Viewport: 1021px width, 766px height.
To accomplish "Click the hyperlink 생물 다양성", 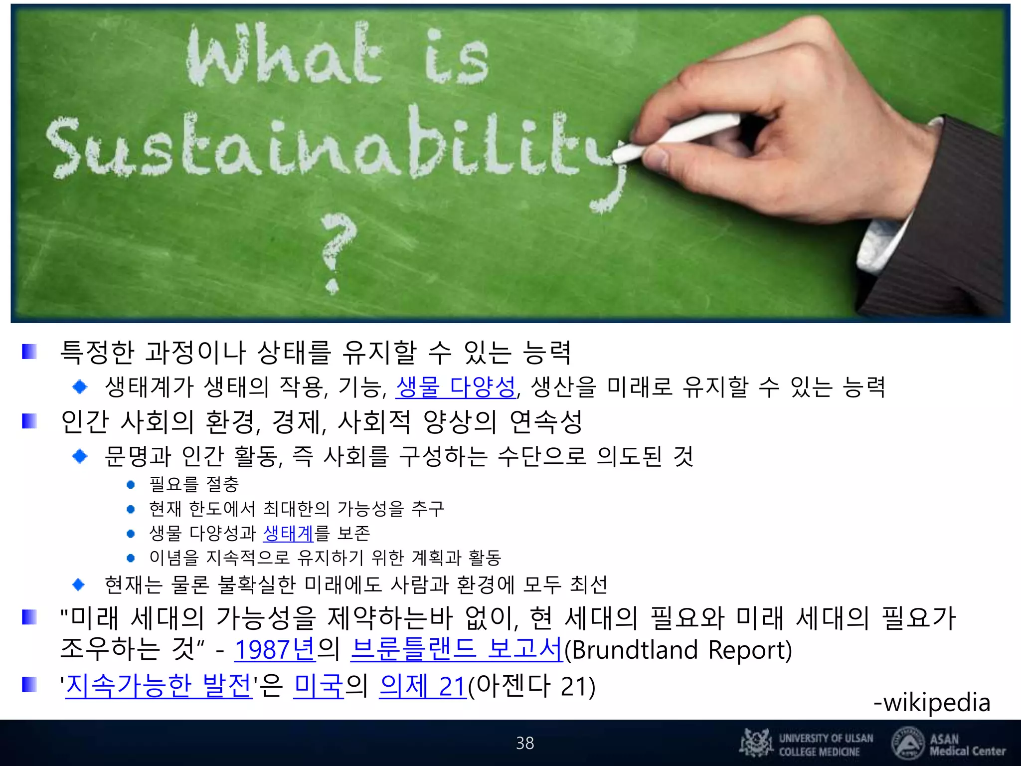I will [455, 387].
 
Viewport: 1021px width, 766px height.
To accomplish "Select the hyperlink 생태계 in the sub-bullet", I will [288, 533].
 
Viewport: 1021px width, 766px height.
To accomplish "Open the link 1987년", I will [275, 650].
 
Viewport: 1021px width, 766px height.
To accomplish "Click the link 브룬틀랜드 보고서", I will [456, 650].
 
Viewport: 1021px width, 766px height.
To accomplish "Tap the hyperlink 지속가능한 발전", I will [159, 686].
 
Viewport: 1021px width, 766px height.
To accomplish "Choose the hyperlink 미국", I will [319, 686].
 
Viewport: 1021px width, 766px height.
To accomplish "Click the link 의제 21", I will [422, 686].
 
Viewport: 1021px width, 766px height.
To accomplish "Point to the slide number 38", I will [524, 743].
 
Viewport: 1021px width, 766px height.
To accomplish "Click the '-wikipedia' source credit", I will [931, 702].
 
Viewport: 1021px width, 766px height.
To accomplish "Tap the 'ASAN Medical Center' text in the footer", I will [967, 745].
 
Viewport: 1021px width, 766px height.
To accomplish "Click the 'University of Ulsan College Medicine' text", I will [826, 745].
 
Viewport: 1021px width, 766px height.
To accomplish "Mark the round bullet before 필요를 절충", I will [131, 484].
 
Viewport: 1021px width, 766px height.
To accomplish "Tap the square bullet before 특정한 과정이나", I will [29, 352].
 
